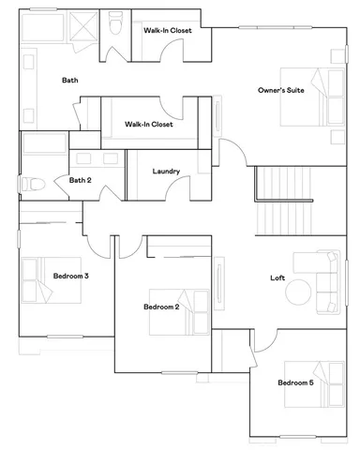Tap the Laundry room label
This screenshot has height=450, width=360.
[166, 172]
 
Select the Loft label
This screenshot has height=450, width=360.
[277, 277]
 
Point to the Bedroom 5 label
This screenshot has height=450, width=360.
[295, 382]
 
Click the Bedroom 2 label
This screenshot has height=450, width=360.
[160, 307]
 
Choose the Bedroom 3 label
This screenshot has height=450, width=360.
[70, 276]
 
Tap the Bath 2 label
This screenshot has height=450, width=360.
[80, 179]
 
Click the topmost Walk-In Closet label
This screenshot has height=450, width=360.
[168, 31]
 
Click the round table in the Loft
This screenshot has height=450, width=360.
[299, 292]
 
